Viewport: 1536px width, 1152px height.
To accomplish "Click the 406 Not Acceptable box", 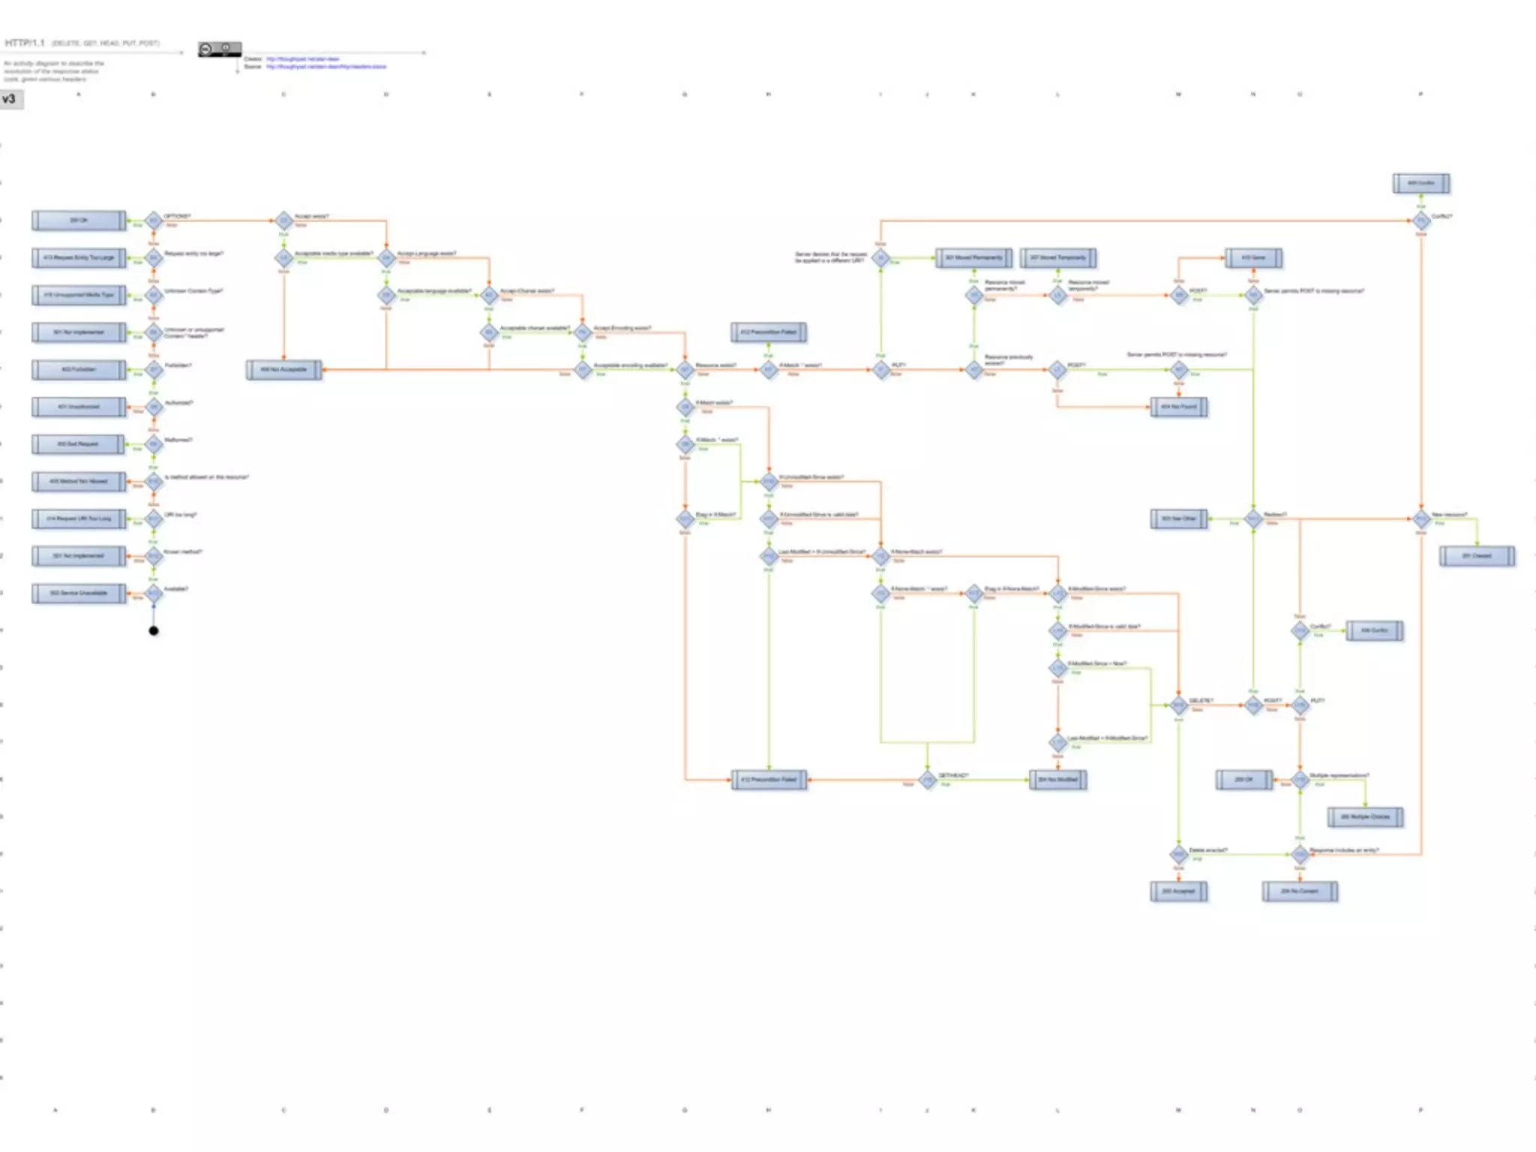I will pyautogui.click(x=284, y=370).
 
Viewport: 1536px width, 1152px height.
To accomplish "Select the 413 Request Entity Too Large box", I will pyautogui.click(x=79, y=258).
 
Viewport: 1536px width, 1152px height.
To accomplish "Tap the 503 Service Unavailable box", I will pyautogui.click(x=79, y=593).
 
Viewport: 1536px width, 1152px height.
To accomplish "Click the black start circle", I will pyautogui.click(x=154, y=631).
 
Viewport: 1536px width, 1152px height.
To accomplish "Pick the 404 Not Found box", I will pyautogui.click(x=1179, y=407).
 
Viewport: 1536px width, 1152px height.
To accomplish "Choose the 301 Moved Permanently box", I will pyautogui.click(x=973, y=258).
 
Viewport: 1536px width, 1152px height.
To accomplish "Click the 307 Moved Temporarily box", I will pyautogui.click(x=1057, y=258).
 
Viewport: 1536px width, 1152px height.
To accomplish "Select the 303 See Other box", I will pyautogui.click(x=1179, y=519).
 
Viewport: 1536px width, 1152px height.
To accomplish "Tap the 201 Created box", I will pyautogui.click(x=1477, y=556).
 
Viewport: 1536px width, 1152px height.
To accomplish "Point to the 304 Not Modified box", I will pyautogui.click(x=1057, y=780).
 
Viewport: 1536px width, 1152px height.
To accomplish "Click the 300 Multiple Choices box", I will pyautogui.click(x=1365, y=817).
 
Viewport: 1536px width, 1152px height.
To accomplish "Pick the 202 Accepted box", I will pyautogui.click(x=1179, y=892).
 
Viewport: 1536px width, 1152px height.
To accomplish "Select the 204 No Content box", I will pyautogui.click(x=1300, y=892).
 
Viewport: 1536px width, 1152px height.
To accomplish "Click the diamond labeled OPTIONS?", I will pyautogui.click(x=154, y=220).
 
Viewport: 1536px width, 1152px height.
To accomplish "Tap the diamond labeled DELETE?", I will pyautogui.click(x=1179, y=705).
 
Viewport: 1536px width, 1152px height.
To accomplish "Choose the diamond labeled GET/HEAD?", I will pyautogui.click(x=928, y=780).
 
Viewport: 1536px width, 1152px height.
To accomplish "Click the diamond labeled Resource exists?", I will pyautogui.click(x=685, y=370).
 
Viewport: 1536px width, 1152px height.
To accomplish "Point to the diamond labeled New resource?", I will pyautogui.click(x=1421, y=519).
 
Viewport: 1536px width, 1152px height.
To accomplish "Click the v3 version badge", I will pyautogui.click(x=11, y=99).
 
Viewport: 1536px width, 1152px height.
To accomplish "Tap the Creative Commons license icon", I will pyautogui.click(x=220, y=49).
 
